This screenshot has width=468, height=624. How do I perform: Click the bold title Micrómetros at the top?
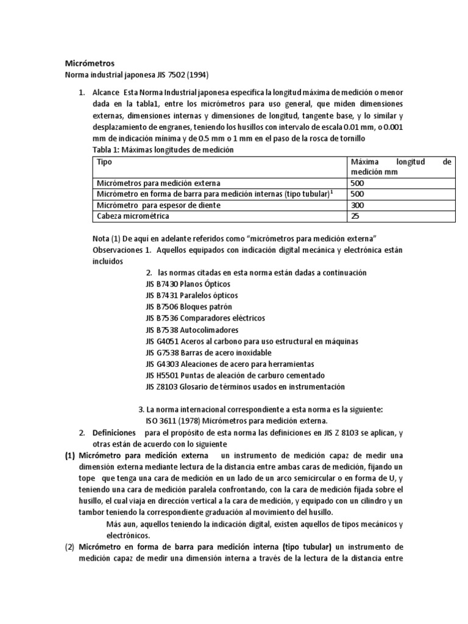click(x=89, y=63)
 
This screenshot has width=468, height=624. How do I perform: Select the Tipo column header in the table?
click(x=105, y=163)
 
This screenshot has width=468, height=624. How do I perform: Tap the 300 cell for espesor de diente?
click(x=358, y=205)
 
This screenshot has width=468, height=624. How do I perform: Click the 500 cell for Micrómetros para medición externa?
click(x=358, y=183)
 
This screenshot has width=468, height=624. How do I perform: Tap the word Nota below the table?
click(x=101, y=237)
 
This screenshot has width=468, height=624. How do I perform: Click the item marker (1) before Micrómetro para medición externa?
click(x=71, y=456)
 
